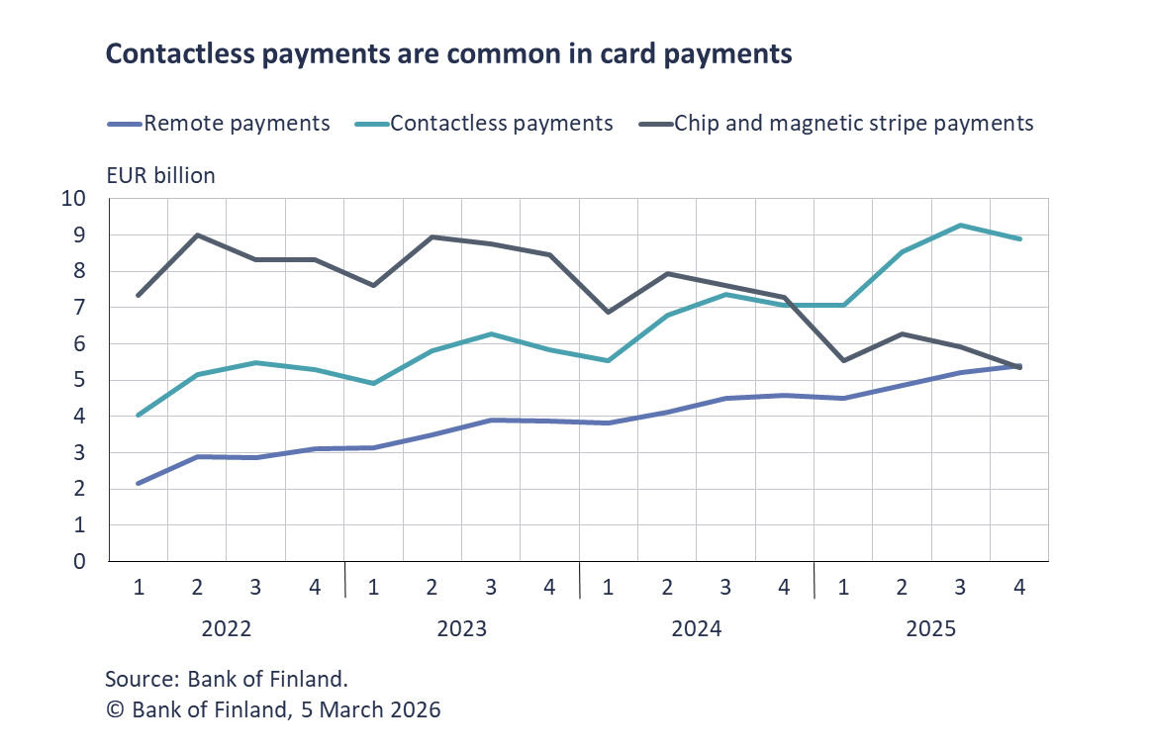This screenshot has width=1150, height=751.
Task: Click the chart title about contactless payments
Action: (x=448, y=54)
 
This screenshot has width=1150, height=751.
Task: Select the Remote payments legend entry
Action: (x=237, y=124)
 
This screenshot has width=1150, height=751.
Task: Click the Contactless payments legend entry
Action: (x=501, y=124)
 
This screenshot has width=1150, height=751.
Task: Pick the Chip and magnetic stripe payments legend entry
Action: (x=853, y=124)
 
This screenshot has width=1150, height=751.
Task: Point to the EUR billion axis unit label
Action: (x=160, y=176)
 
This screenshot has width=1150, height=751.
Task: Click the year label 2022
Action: (x=226, y=629)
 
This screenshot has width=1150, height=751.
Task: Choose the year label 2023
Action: (x=461, y=629)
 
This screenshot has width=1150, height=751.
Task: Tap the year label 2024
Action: (x=696, y=629)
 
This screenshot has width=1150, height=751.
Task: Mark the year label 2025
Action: (x=931, y=629)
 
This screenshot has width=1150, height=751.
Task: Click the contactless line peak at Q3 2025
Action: (x=961, y=226)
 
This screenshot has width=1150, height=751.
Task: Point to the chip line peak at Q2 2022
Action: (x=197, y=235)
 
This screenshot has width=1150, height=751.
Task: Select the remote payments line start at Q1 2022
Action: (x=139, y=484)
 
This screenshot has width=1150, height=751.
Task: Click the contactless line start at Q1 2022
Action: (x=139, y=416)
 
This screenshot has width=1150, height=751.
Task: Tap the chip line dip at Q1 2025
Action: (x=843, y=360)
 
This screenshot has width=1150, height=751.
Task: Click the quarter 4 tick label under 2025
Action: (x=1019, y=587)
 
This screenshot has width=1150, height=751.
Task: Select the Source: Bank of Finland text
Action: (x=227, y=680)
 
